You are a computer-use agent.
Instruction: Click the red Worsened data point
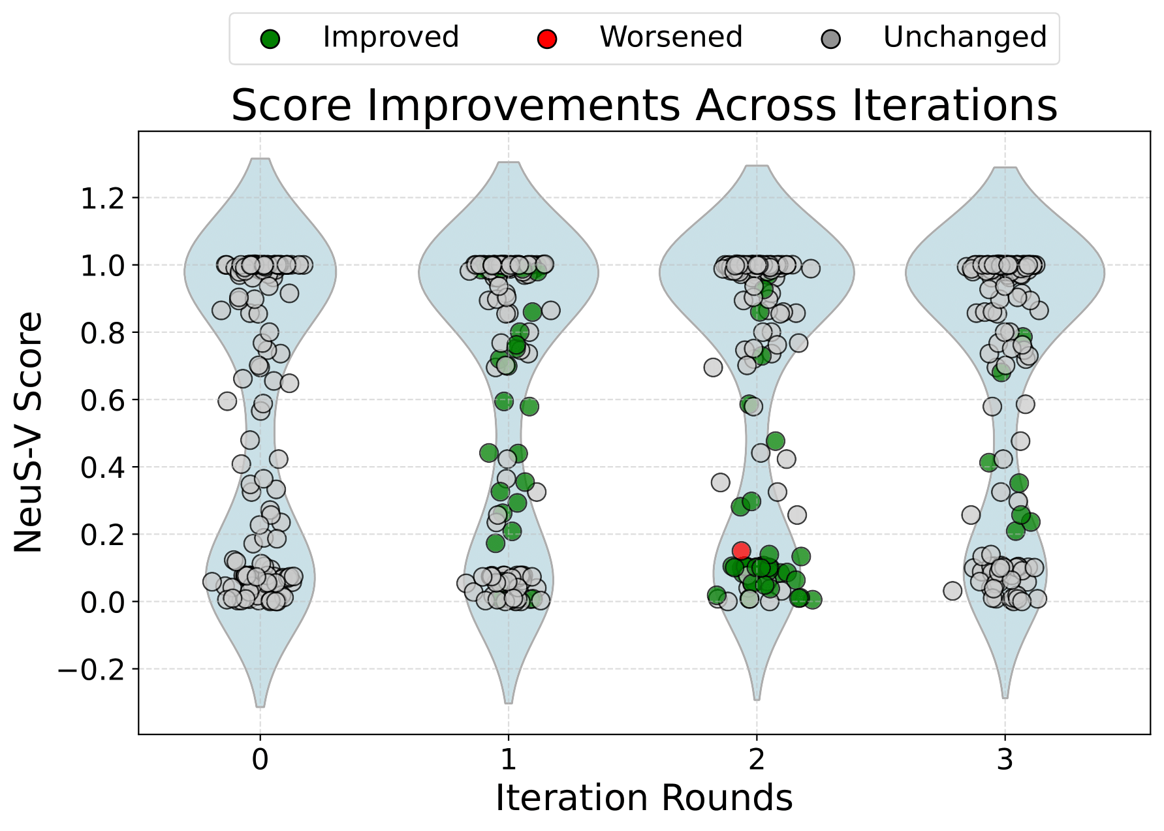click(x=741, y=550)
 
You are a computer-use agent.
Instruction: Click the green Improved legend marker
click(x=270, y=39)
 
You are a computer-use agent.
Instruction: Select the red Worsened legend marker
click(x=546, y=39)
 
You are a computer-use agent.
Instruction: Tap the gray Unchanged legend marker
click(x=831, y=39)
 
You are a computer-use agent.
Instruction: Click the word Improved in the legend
click(x=390, y=37)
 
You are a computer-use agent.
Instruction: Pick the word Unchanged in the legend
click(x=965, y=37)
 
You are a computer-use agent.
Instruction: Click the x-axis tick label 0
click(x=260, y=760)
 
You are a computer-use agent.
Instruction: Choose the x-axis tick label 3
click(x=1005, y=760)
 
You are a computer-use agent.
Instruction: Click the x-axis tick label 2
click(x=757, y=760)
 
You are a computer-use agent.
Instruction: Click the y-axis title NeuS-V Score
click(x=29, y=432)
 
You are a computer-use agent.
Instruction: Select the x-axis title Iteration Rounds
click(x=644, y=798)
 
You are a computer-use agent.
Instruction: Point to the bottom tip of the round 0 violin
click(x=260, y=706)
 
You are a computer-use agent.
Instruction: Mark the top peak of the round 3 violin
click(x=1005, y=168)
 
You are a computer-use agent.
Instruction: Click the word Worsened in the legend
click(x=671, y=37)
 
